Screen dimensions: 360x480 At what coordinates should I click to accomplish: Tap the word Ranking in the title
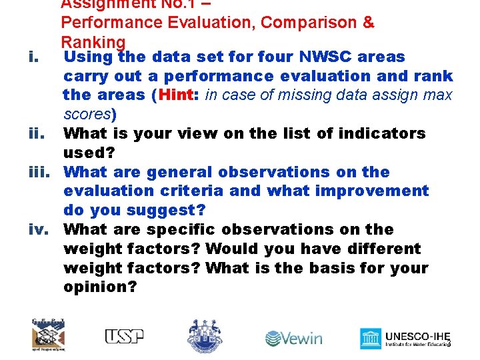93,42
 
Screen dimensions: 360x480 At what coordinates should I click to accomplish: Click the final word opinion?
100,287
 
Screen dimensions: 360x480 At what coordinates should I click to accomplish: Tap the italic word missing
281,95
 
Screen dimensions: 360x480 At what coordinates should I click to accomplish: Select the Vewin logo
293,338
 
